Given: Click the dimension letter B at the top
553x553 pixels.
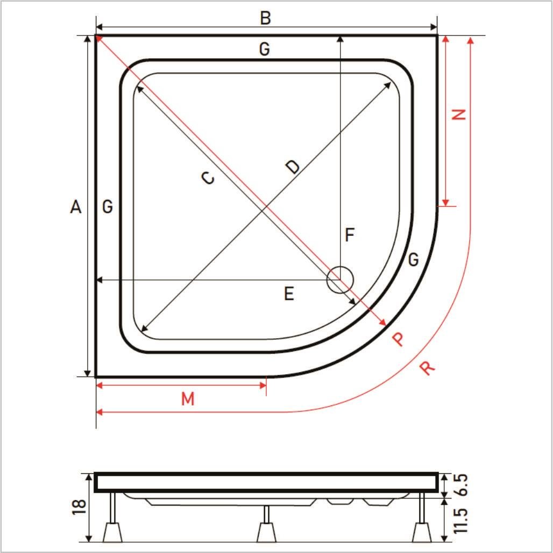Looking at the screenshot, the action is tap(266, 18).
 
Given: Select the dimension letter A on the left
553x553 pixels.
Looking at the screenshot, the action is tap(76, 207).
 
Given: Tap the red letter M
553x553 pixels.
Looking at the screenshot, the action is tap(188, 398).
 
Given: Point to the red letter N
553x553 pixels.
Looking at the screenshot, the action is tap(459, 114).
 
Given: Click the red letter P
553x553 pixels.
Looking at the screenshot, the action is tap(398, 339).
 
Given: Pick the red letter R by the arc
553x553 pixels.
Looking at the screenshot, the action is tap(428, 368).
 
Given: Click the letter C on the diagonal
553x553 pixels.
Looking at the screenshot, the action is tap(208, 178).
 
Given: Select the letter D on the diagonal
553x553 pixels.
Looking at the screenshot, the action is tap(293, 167).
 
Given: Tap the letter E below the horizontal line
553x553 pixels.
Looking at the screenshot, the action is tap(289, 294).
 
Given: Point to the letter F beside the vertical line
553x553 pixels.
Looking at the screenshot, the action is tap(349, 235).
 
